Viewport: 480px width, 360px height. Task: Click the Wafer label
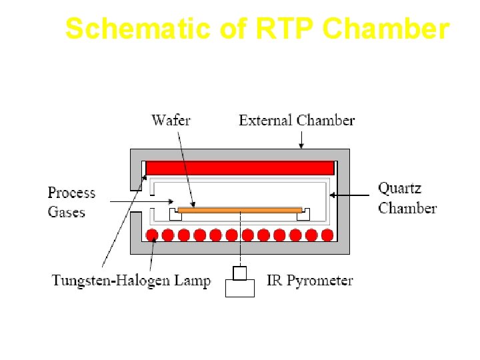point(171,121)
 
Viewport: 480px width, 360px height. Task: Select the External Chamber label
point(297,121)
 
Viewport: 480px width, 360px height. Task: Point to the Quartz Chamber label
point(407,198)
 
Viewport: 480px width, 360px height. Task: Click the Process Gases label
point(71,202)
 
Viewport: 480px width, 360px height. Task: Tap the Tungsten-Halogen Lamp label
point(131,281)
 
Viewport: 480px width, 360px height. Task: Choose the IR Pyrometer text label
point(309,281)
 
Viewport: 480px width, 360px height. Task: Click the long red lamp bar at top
point(239,168)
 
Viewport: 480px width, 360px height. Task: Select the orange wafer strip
point(240,210)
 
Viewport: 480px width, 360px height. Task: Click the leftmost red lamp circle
point(152,235)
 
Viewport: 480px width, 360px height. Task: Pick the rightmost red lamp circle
point(327,235)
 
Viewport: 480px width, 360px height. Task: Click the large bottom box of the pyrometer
point(240,287)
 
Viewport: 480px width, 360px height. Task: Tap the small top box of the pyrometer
point(240,272)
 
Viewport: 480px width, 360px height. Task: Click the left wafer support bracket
point(175,214)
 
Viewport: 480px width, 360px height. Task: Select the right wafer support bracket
point(304,214)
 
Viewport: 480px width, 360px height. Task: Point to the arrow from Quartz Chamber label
point(350,195)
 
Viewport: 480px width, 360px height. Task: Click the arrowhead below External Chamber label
point(301,145)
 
